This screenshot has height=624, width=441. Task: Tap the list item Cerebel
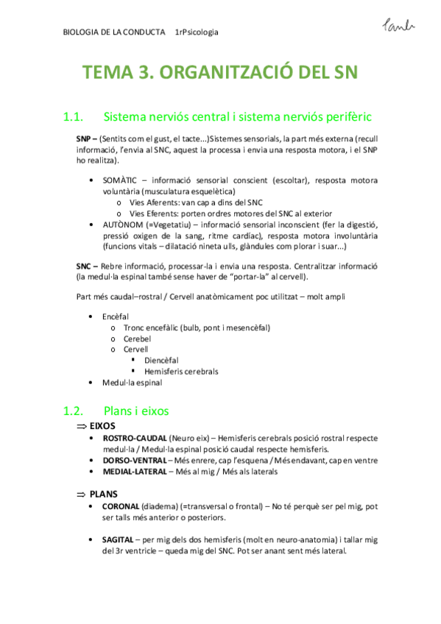[x=137, y=338]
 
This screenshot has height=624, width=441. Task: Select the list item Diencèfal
[x=161, y=361]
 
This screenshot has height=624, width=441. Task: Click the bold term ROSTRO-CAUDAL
[x=135, y=439]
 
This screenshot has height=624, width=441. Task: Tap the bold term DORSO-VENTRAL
[x=134, y=460]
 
